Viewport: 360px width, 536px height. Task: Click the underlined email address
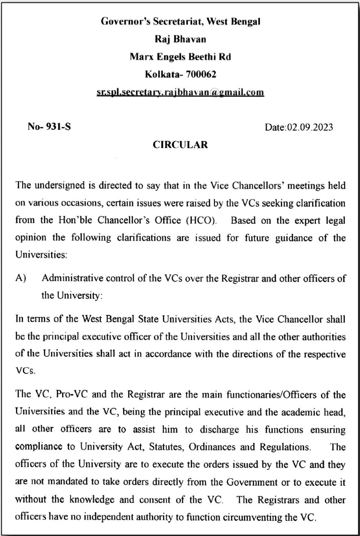[180, 92]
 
